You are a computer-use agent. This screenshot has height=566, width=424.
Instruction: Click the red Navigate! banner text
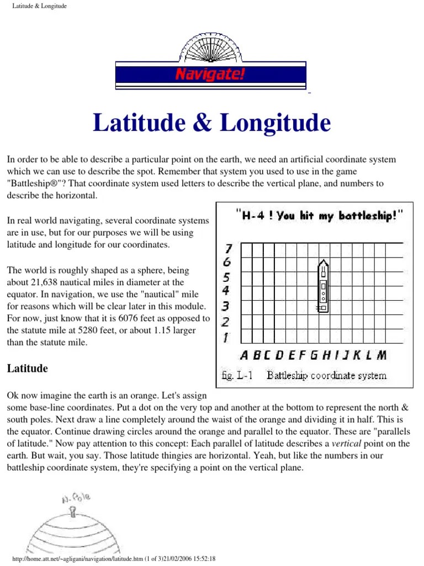pyautogui.click(x=210, y=74)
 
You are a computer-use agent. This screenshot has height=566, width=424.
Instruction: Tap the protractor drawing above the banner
pyautogui.click(x=210, y=47)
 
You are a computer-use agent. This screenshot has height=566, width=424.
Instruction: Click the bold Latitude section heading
pyautogui.click(x=27, y=369)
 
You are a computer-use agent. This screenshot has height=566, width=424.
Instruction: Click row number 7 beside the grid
pyautogui.click(x=226, y=248)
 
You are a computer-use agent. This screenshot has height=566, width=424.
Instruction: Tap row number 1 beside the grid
pyautogui.click(x=226, y=337)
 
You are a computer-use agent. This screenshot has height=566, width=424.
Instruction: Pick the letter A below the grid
pyautogui.click(x=243, y=355)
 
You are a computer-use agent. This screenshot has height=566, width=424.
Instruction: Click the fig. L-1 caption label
pyautogui.click(x=236, y=376)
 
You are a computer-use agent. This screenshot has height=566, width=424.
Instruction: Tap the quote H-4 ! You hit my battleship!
pyautogui.click(x=319, y=216)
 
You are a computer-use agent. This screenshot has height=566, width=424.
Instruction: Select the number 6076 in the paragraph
pyautogui.click(x=144, y=318)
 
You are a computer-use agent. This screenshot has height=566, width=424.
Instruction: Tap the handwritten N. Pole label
pyautogui.click(x=75, y=499)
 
